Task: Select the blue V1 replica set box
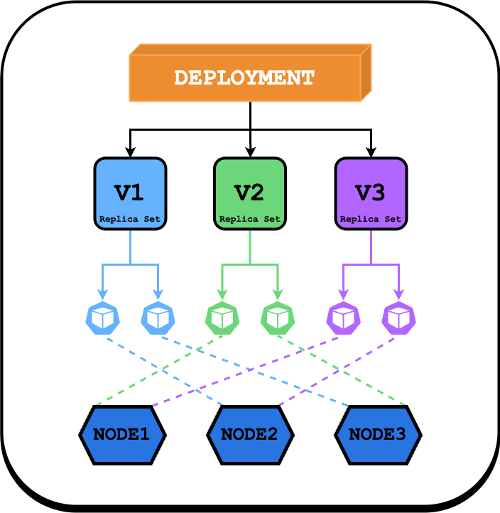130,194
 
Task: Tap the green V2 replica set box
250,194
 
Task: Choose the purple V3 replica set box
371,194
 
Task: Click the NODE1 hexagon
122,434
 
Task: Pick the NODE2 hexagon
250,434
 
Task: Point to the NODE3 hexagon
378,434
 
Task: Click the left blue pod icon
103,318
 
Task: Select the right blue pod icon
158,318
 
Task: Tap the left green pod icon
223,318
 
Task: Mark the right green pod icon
278,318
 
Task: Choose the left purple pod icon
344,318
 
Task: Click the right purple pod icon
399,318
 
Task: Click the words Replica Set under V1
130,219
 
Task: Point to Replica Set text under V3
371,219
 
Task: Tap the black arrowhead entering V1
130,151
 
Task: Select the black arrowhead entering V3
371,151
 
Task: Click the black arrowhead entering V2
250,151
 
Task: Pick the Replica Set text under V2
250,219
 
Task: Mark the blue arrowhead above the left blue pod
103,293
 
